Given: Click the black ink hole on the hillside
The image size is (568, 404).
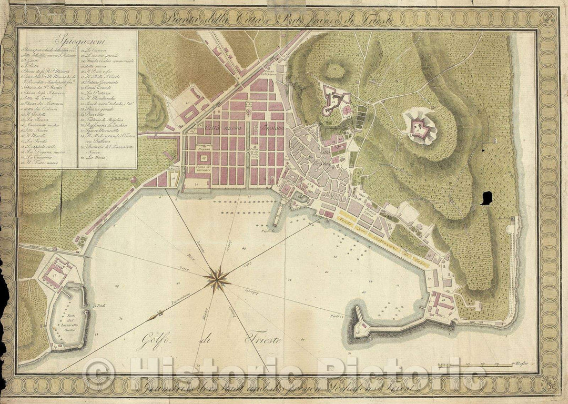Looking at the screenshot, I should coord(486,197).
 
